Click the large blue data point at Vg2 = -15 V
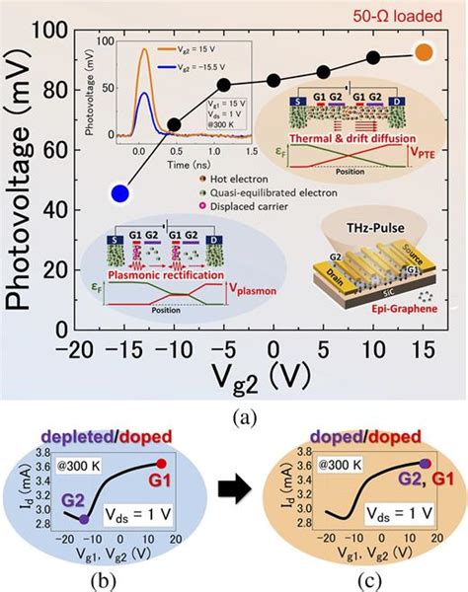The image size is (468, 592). [119, 193]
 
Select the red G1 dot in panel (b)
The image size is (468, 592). [160, 463]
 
